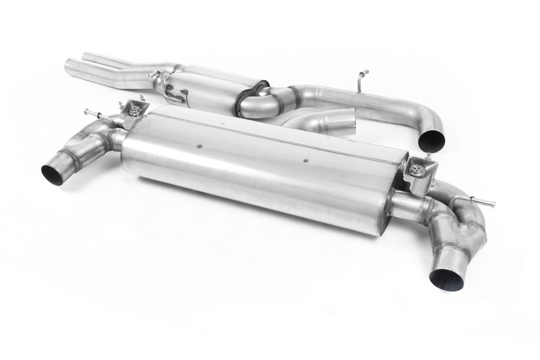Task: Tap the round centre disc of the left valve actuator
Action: pos(133,109)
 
